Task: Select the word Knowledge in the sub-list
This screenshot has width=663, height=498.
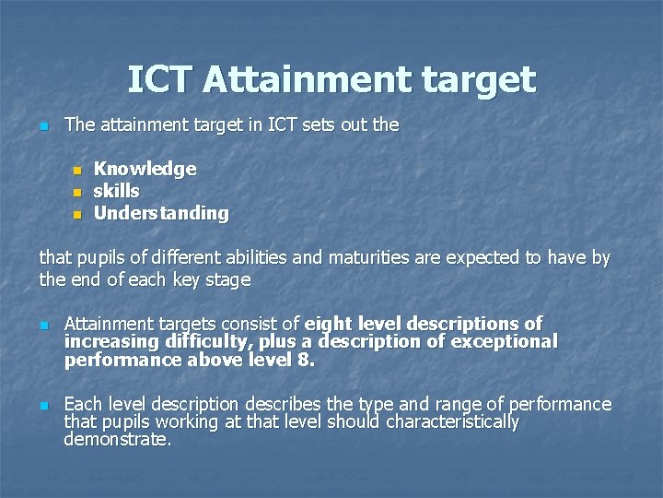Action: pyautogui.click(x=145, y=169)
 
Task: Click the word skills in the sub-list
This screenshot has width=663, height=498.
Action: pyautogui.click(x=117, y=191)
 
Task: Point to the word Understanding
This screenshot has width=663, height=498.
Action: pyautogui.click(x=161, y=213)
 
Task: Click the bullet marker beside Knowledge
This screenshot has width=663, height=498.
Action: pyautogui.click(x=78, y=170)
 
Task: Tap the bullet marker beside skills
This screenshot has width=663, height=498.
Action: pyautogui.click(x=78, y=192)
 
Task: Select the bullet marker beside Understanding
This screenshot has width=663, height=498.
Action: pyautogui.click(x=78, y=214)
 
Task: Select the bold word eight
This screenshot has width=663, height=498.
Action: pyautogui.click(x=329, y=324)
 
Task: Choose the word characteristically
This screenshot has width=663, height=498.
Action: pyautogui.click(x=452, y=422)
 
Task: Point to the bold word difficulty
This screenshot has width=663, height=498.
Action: pyautogui.click(x=187, y=341)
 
